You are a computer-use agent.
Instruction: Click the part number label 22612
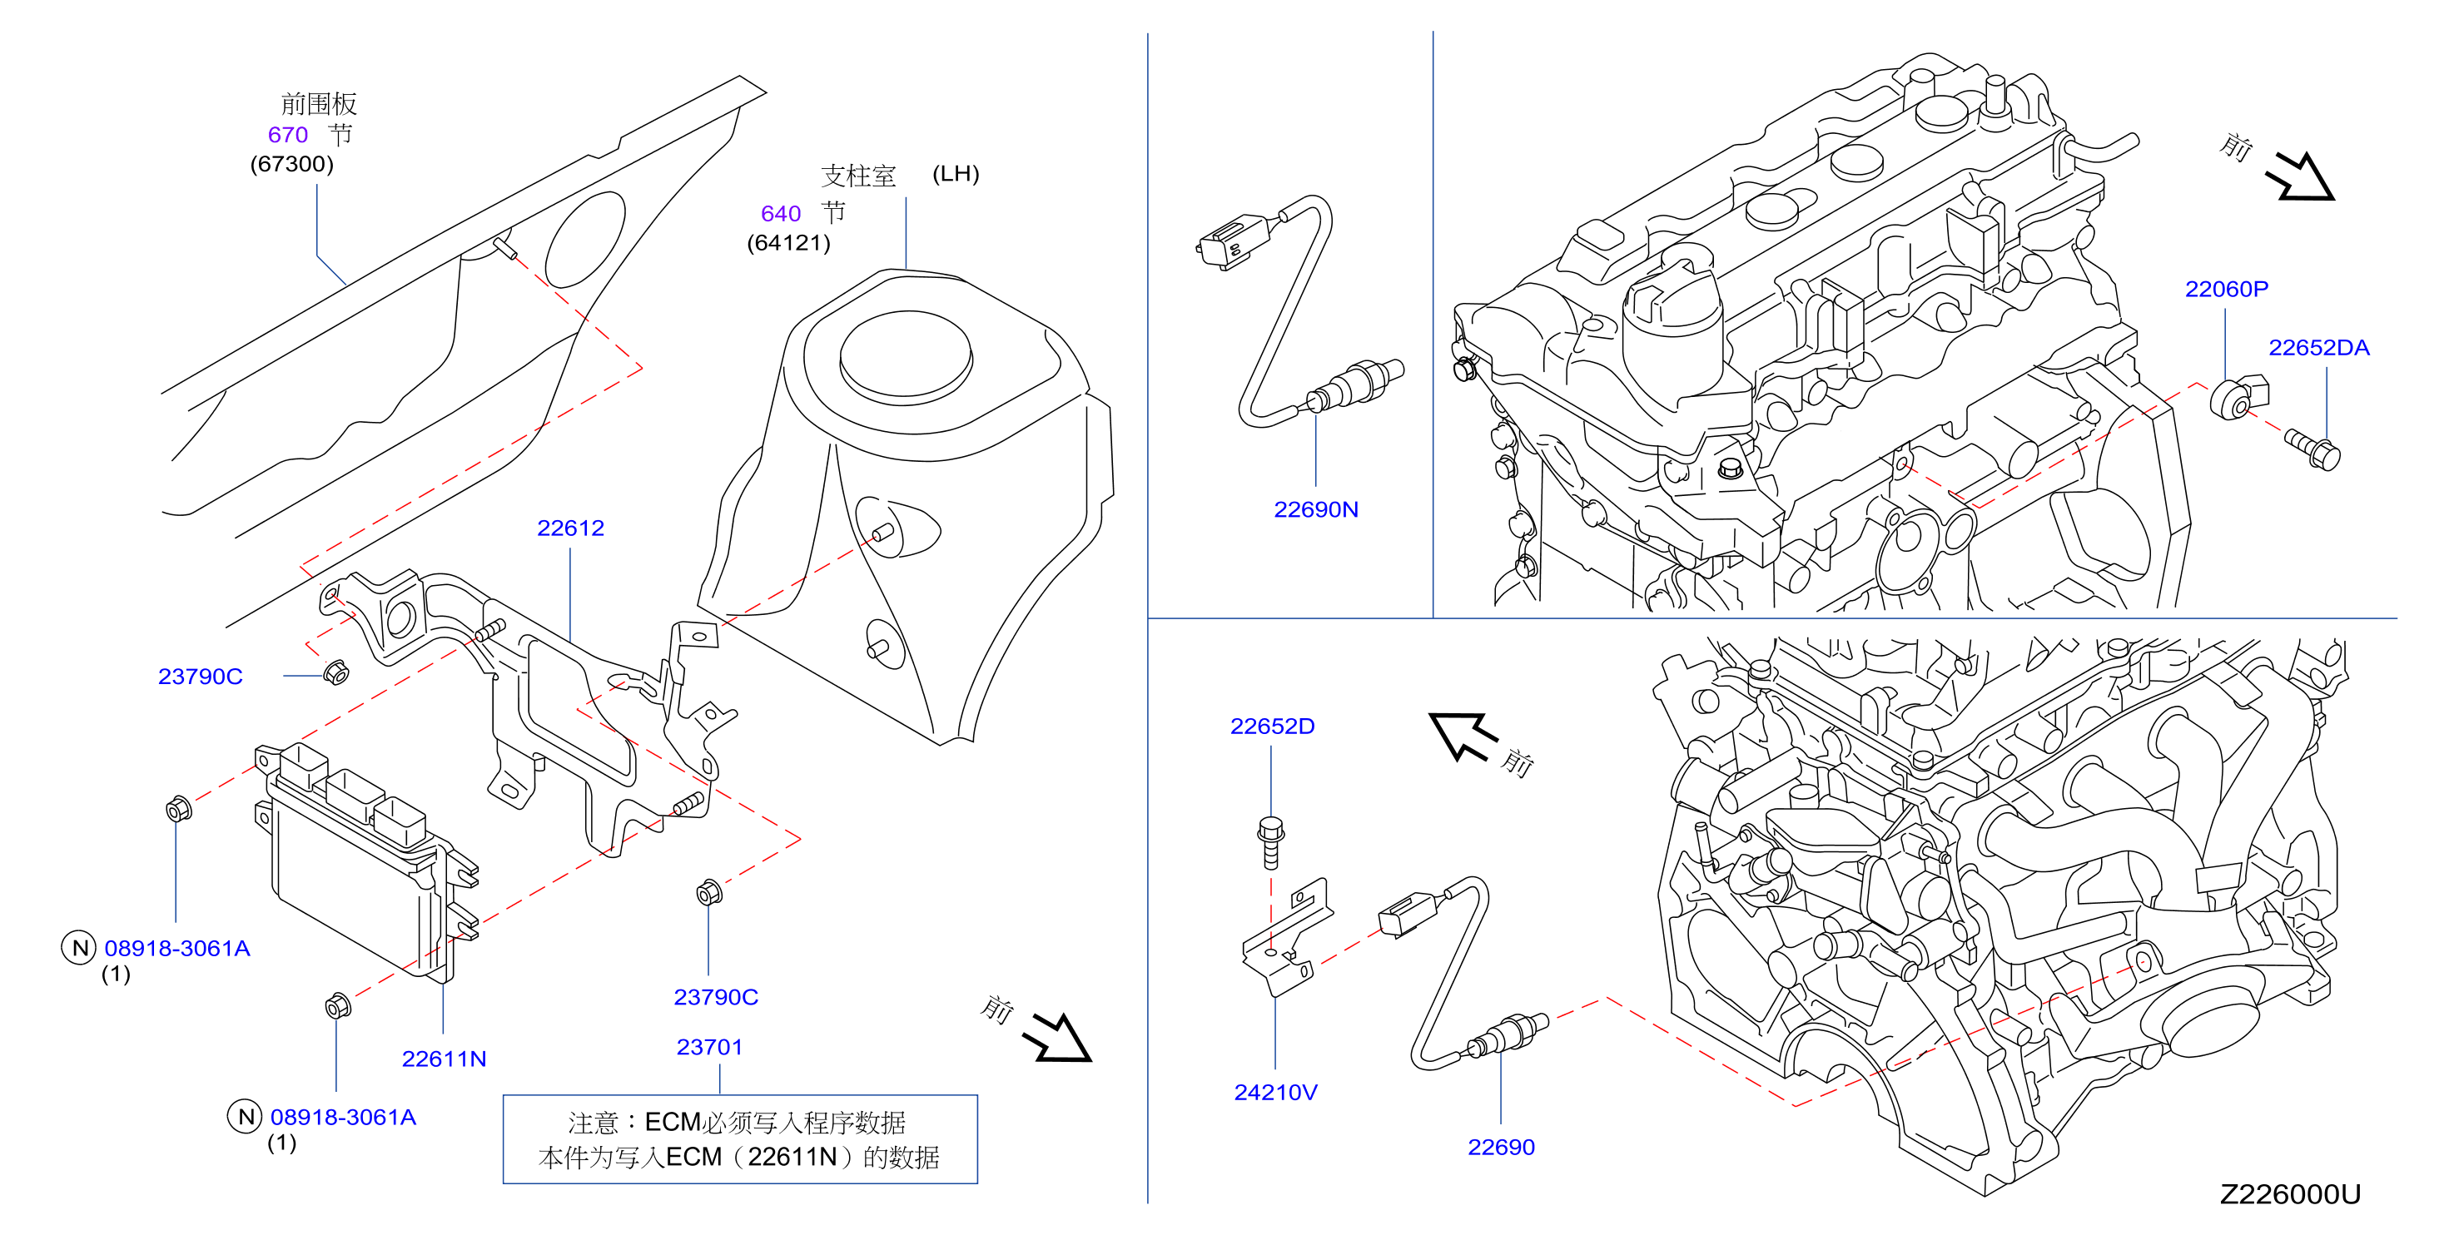point(570,528)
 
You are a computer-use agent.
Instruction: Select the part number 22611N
point(444,1059)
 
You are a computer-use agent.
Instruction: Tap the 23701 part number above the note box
point(709,1047)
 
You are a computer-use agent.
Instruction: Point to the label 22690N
point(1315,509)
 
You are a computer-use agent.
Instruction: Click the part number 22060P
point(2226,289)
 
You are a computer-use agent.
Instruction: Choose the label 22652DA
point(2318,347)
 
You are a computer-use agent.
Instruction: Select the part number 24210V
point(1275,1092)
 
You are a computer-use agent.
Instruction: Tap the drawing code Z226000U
point(2290,1194)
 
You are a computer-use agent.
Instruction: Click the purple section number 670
point(287,135)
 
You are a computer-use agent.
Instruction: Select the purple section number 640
point(781,214)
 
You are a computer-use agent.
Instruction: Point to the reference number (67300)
point(292,164)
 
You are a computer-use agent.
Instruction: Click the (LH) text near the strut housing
point(956,174)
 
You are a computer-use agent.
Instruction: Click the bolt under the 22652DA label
point(2312,449)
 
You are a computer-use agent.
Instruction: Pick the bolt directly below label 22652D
point(1270,842)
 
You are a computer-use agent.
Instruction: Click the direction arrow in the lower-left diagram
point(1056,1039)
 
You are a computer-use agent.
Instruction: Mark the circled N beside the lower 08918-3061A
point(246,1116)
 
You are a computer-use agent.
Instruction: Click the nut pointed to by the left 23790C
point(335,672)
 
